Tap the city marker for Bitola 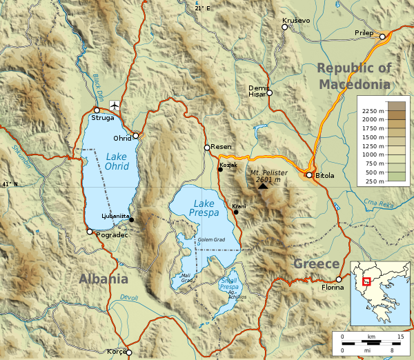tap(309, 175)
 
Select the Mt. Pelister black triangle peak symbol tap(263, 186)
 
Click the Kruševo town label tap(295, 21)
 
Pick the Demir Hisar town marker tap(270, 92)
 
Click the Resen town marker tap(206, 147)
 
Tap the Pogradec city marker tap(90, 232)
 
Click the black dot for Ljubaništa tap(131, 220)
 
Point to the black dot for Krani tap(236, 212)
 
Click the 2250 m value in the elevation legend tap(373, 110)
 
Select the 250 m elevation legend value tap(373, 181)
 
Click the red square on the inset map tap(367, 281)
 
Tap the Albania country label tap(103, 279)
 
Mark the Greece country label tap(317, 264)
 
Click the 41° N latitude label tap(8, 184)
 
